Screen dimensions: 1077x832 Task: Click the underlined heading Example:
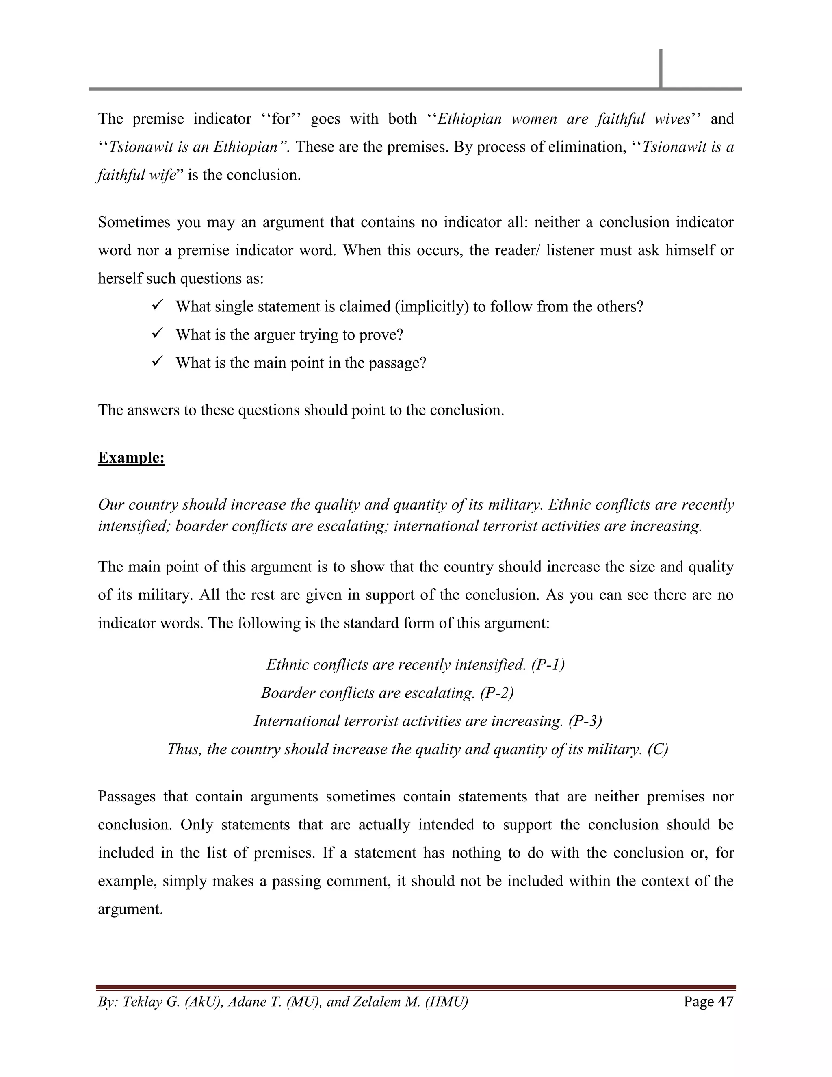pos(131,458)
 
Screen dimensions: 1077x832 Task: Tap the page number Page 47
pos(708,1001)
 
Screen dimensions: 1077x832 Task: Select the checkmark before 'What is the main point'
pos(158,362)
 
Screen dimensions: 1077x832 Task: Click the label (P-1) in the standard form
pos(548,665)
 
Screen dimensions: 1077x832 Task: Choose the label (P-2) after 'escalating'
pos(497,693)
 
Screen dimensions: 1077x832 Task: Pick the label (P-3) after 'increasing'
pos(585,721)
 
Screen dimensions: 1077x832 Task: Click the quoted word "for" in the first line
pos(281,119)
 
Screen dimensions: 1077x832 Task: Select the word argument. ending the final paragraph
pos(130,909)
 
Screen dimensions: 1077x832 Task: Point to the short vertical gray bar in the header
pos(661,68)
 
